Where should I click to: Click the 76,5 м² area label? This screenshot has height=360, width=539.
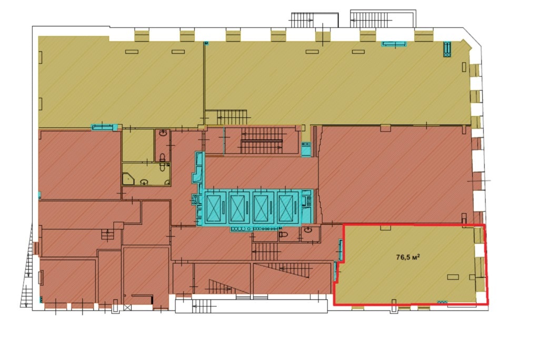[408, 257]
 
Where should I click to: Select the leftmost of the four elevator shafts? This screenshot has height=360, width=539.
[215, 208]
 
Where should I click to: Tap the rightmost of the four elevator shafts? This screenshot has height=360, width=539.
[288, 208]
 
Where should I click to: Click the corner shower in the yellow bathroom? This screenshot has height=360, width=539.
[128, 179]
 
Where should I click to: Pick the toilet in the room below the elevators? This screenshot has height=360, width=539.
[283, 235]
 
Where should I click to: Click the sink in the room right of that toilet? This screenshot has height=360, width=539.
[308, 230]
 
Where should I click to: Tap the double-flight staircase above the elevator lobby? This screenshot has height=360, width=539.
[261, 141]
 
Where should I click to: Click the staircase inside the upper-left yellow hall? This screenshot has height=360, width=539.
[232, 117]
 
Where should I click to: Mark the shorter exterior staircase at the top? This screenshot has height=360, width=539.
[302, 21]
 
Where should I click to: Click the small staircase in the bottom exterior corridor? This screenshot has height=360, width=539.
[204, 306]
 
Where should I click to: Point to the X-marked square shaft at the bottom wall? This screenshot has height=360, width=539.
[128, 308]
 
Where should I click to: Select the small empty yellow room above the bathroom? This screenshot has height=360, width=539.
[138, 145]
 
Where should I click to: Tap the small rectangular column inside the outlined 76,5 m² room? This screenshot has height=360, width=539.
[453, 277]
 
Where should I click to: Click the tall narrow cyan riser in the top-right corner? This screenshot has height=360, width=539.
[447, 49]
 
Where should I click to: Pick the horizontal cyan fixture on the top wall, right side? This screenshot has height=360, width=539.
[394, 44]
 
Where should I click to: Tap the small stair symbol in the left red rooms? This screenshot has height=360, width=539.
[107, 235]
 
